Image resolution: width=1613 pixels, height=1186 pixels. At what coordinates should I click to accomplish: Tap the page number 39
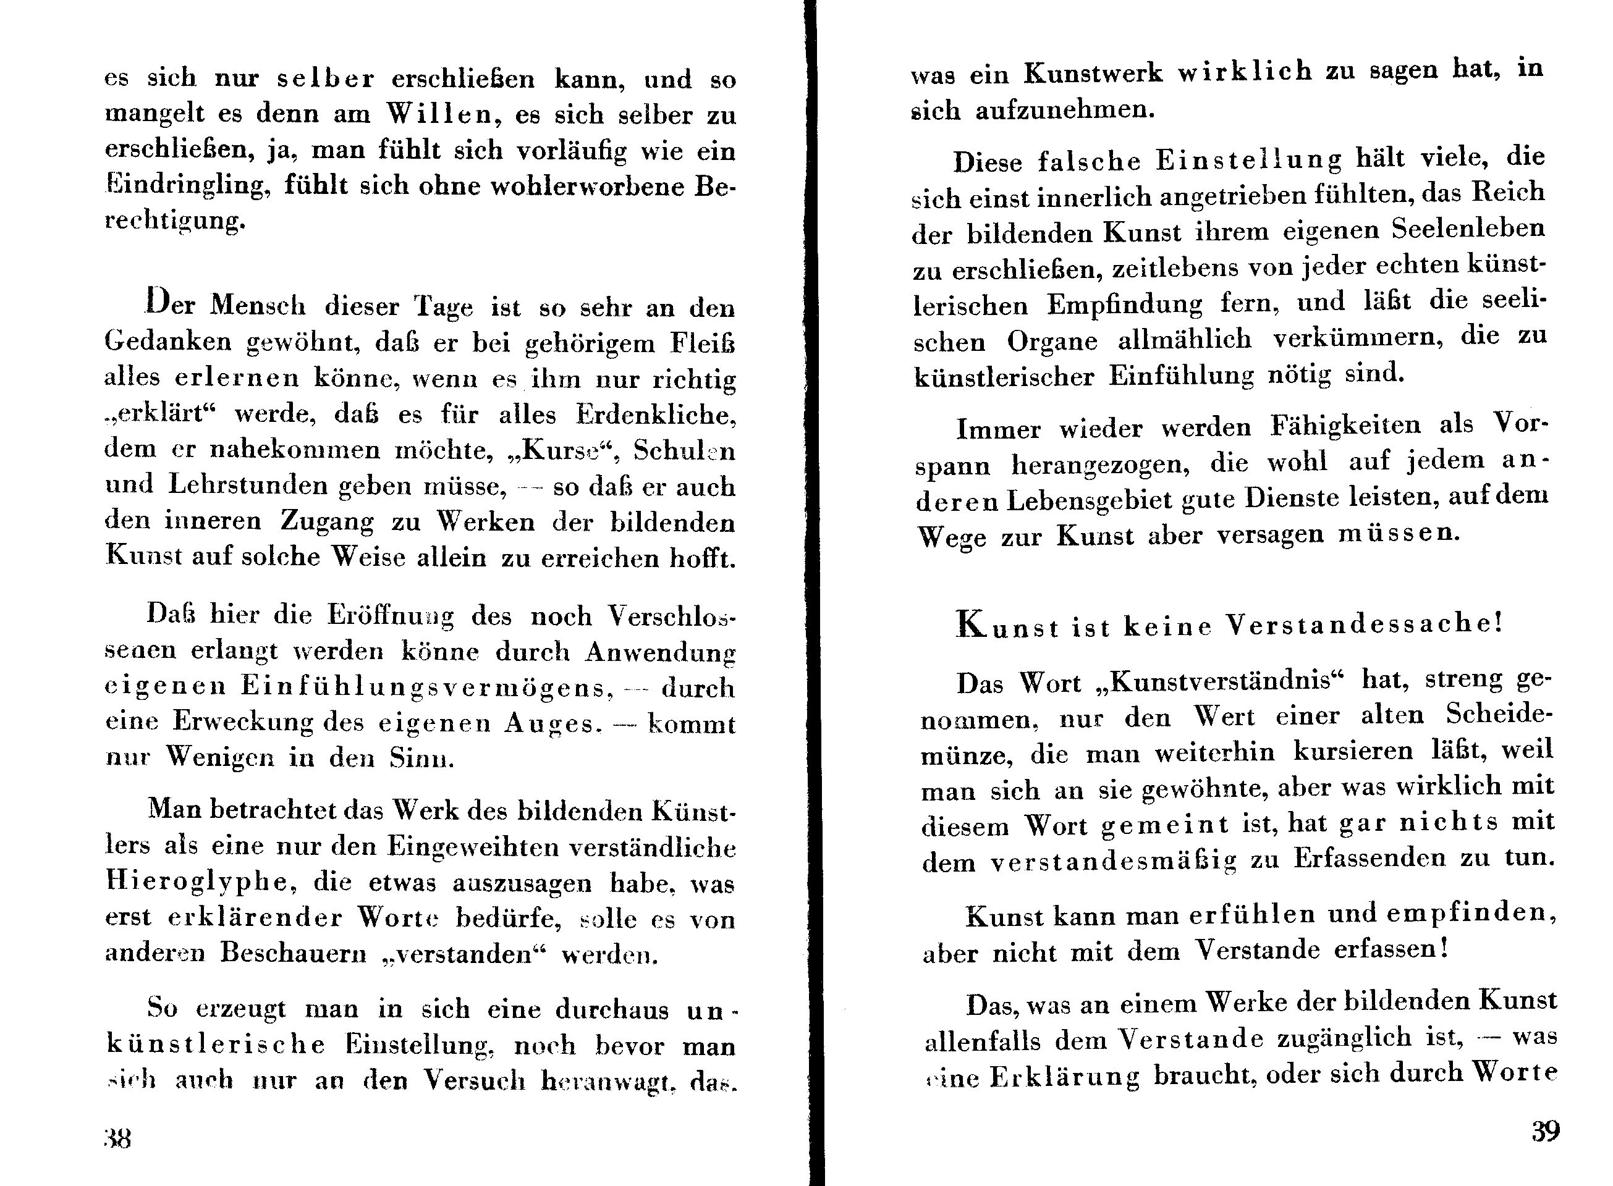pyautogui.click(x=1546, y=1132)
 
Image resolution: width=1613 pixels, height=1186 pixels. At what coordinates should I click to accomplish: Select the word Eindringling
pyautogui.click(x=187, y=186)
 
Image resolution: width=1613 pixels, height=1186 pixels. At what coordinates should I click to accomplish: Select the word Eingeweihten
pyautogui.click(x=473, y=846)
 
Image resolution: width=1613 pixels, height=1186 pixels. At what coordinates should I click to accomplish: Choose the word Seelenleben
pyautogui.click(x=1468, y=229)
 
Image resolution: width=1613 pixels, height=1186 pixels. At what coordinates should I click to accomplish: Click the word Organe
pyautogui.click(x=1052, y=341)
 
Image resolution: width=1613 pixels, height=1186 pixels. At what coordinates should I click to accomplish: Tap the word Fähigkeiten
pyautogui.click(x=1345, y=425)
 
